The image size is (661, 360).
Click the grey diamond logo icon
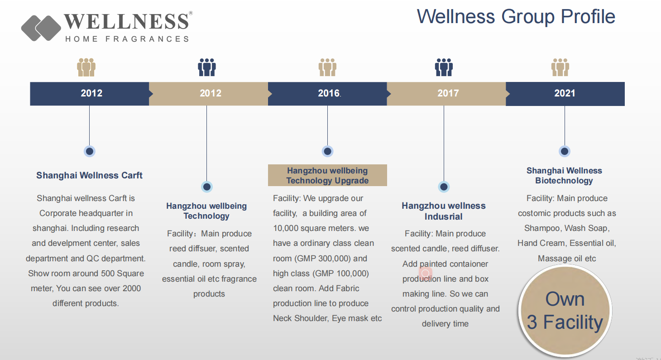tap(41, 28)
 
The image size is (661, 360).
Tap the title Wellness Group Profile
tap(516, 16)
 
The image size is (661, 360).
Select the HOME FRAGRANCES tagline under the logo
tap(127, 39)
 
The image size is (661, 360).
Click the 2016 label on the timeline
tap(328, 93)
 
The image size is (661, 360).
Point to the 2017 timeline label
tap(448, 93)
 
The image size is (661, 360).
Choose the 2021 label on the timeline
tap(565, 93)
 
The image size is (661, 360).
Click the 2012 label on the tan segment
tap(211, 93)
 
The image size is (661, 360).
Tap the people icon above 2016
tap(327, 67)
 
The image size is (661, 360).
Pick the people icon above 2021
tap(560, 67)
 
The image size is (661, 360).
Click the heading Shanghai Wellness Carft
tap(89, 175)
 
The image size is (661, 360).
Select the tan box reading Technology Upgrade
tap(327, 175)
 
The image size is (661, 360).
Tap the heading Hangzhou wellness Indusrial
tap(444, 211)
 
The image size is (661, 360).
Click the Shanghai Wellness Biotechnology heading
tap(564, 176)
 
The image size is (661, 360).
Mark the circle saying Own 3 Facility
tap(565, 311)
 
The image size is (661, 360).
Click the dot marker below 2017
tap(444, 187)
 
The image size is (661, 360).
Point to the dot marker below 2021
tap(565, 151)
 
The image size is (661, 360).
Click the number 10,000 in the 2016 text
tap(286, 228)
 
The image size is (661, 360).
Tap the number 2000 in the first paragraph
tap(132, 288)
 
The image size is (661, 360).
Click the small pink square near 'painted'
tap(426, 274)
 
